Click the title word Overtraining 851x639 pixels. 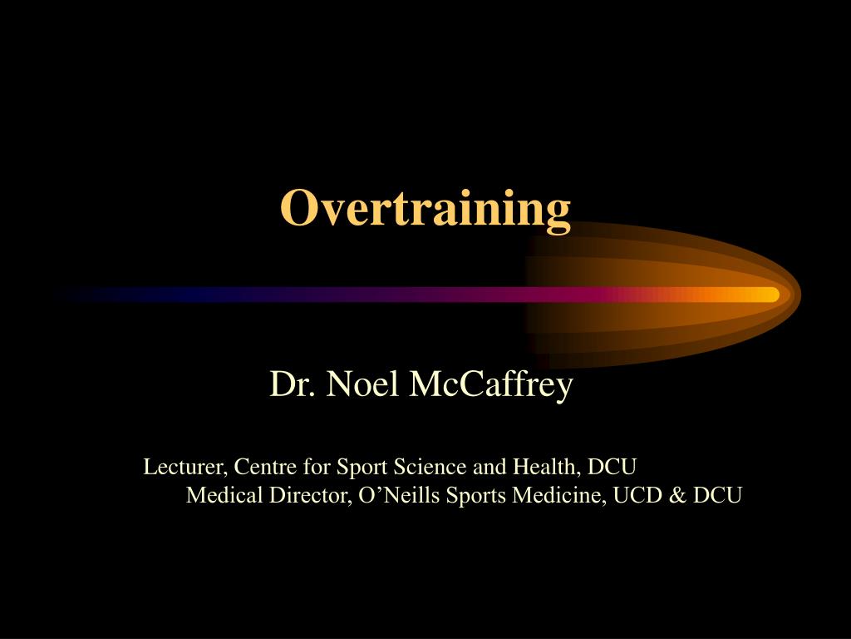[x=425, y=208]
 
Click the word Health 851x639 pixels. [x=536, y=467]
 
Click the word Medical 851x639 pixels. [x=217, y=496]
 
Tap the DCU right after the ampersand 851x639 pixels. [x=716, y=496]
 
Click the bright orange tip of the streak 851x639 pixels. [x=770, y=294]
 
